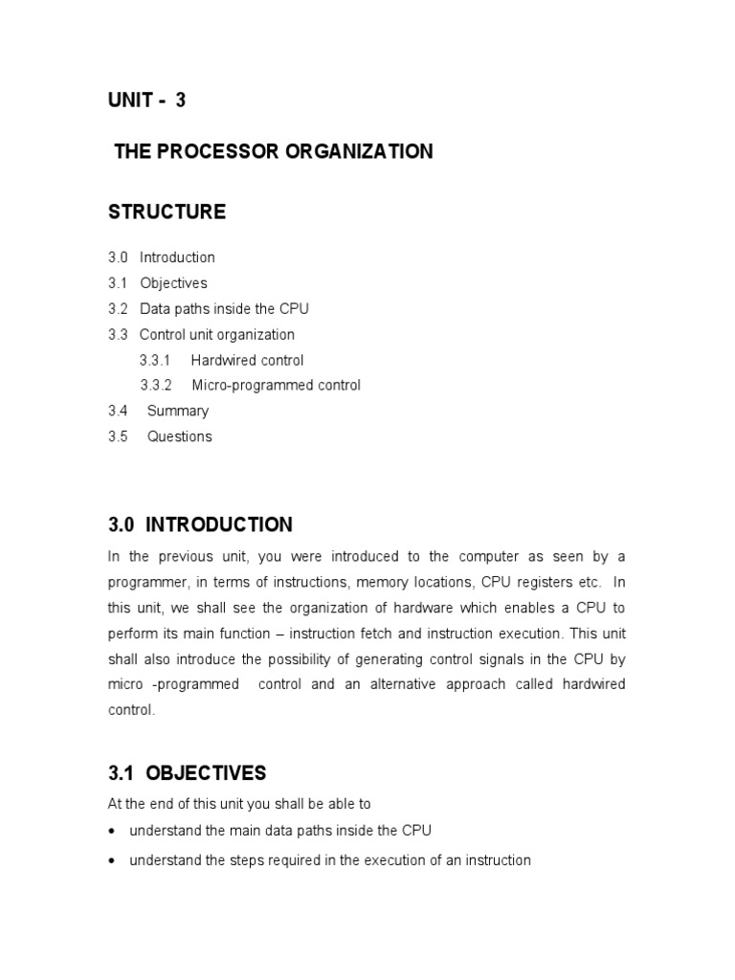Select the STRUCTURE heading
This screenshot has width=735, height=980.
point(167,212)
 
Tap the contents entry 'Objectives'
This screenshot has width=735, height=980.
point(173,283)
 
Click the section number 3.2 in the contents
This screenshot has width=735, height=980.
point(118,309)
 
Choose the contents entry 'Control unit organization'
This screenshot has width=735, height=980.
point(217,335)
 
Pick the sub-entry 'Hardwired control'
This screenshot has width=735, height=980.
point(247,361)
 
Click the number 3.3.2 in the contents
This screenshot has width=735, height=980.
point(156,386)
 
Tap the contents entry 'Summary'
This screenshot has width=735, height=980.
point(178,412)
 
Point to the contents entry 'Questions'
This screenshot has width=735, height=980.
point(180,436)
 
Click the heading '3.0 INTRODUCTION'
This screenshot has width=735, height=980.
point(200,525)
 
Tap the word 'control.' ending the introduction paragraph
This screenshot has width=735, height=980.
point(130,711)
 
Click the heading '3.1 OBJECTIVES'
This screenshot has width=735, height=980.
point(187,773)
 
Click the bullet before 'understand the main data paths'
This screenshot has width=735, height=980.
point(113,831)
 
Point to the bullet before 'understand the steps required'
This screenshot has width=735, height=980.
point(113,861)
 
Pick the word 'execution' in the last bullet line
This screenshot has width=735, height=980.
point(372,860)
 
